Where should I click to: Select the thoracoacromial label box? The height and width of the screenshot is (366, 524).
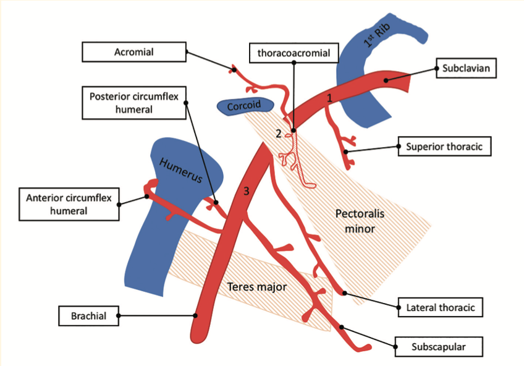point(294,54)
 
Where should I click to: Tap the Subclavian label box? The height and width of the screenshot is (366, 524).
point(465,68)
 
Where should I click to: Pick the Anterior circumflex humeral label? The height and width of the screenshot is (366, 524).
point(69,203)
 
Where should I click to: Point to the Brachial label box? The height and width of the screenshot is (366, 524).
point(88,315)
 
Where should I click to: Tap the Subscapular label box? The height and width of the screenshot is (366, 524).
point(438,347)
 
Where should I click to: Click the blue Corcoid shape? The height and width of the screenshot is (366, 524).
point(245,106)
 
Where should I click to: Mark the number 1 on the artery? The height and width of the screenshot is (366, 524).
point(329,98)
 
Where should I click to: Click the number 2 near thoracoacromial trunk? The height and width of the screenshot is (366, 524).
point(279,133)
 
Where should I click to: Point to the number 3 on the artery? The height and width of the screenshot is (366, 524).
point(246,192)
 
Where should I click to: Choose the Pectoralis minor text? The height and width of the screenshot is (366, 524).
point(355,221)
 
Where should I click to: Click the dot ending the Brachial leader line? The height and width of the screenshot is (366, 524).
point(195,315)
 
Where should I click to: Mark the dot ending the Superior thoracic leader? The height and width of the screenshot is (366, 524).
point(347,151)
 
